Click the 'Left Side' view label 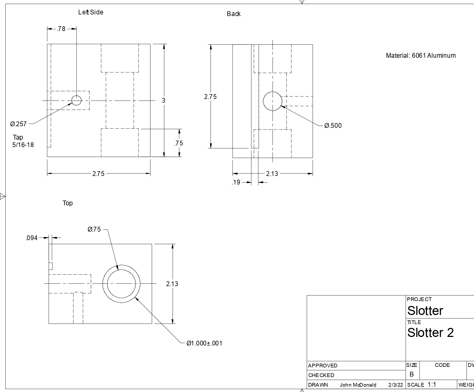click(91, 12)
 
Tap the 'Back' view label click(234, 14)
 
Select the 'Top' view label click(68, 203)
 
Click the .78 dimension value click(61, 29)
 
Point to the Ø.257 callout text click(18, 124)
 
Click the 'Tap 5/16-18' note click(23, 141)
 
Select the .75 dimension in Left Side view click(179, 143)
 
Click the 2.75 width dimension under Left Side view click(98, 174)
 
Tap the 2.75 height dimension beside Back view click(210, 97)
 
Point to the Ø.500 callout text click(333, 126)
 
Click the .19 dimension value click(236, 182)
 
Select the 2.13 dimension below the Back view click(272, 174)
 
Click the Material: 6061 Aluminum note click(421, 56)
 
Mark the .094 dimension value click(32, 238)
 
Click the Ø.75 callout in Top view click(94, 229)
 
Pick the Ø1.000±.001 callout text click(204, 343)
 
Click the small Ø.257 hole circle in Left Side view click(76, 101)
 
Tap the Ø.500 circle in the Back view click(273, 101)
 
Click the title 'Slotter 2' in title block click(430, 333)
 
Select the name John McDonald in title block click(358, 385)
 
